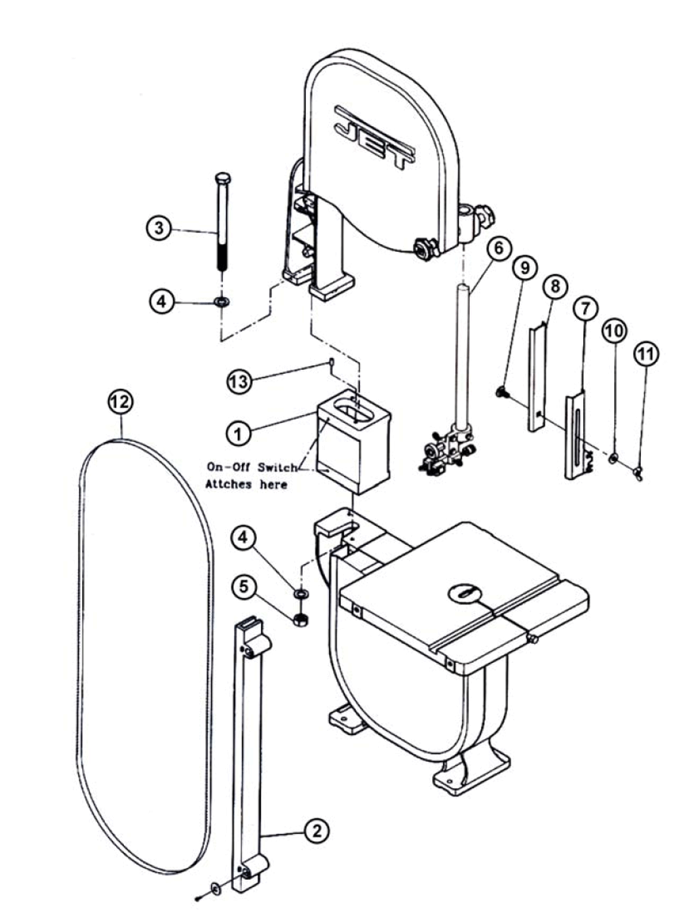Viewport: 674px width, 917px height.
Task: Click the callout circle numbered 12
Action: (121, 402)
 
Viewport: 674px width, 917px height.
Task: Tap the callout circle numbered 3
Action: (159, 227)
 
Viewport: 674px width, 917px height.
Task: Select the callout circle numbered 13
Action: (239, 381)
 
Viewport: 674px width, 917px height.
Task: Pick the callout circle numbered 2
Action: (317, 831)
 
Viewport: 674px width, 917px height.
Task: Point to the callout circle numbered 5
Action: (244, 586)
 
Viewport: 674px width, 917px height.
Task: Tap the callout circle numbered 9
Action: (524, 267)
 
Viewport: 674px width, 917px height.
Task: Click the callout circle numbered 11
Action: (646, 354)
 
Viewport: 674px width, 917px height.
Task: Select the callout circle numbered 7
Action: (585, 309)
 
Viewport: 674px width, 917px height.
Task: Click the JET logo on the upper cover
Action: (375, 137)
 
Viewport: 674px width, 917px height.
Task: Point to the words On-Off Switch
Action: (251, 467)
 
